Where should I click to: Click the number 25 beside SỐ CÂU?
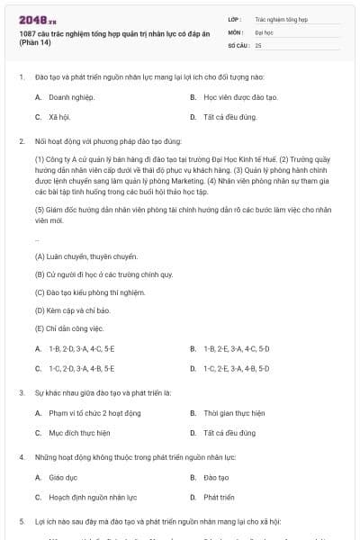(x=258, y=44)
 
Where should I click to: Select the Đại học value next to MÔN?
(x=264, y=31)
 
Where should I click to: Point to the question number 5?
(x=21, y=521)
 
